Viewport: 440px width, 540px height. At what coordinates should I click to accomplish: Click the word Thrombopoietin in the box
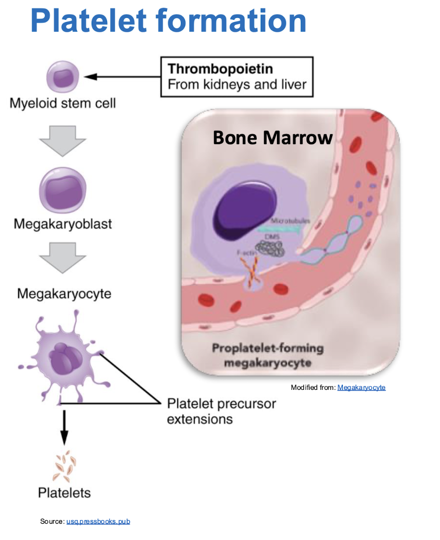coord(220,68)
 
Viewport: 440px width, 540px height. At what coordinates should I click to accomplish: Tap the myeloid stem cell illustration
coord(63,78)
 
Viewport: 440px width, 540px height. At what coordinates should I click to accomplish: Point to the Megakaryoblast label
coord(63,224)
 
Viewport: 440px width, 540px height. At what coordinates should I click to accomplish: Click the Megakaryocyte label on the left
coord(64,294)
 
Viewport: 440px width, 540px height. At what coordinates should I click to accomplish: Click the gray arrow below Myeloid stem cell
coord(63,140)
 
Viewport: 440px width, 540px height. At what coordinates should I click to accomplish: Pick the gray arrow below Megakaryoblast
coord(63,257)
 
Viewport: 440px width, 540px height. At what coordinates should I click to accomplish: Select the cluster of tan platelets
coord(64,466)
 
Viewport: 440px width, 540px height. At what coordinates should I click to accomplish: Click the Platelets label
coord(64,493)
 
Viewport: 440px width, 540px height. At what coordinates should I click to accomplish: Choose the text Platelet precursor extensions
coord(221,411)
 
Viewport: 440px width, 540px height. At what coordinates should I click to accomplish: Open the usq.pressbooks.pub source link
coord(98,521)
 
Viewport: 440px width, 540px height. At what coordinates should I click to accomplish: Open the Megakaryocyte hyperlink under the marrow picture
coord(361,387)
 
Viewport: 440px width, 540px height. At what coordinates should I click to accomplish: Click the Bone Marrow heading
coord(273,137)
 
